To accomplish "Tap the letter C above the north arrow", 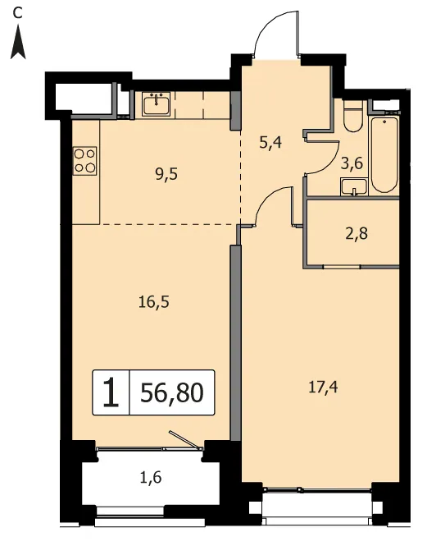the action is coord(17,13).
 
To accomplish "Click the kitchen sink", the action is coord(157,103).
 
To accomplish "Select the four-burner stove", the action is coord(84,161).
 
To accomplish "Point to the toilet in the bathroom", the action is coord(352,117).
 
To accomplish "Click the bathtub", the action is coord(384,154).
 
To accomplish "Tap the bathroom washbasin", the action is coord(354,187).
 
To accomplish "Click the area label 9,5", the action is coord(166,174).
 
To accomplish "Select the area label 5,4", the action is coord(270,142).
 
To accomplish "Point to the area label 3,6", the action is coord(352,163).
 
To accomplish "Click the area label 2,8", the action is coord(357,234).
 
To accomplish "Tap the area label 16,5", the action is coord(154,302).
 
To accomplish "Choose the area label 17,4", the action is coord(323,388).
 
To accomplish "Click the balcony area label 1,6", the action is coord(151,478).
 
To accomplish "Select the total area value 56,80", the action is coord(172,392).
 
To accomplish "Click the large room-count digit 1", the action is coord(111,392).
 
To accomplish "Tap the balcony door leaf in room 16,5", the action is coord(185,440).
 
